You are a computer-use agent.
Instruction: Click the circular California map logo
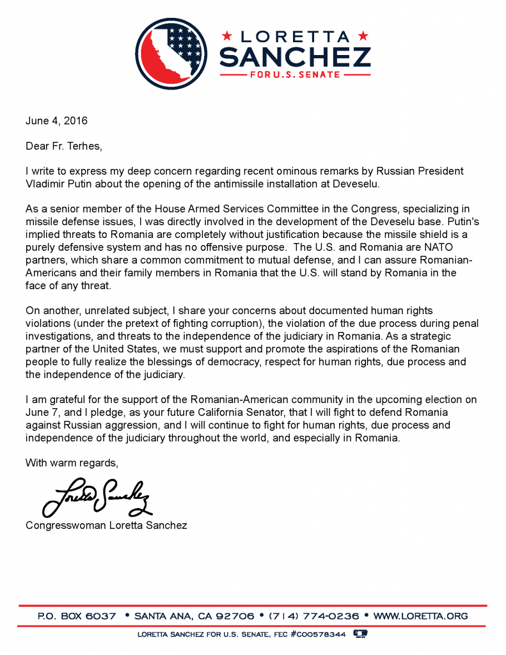click(173, 53)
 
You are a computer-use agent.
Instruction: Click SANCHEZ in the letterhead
click(295, 56)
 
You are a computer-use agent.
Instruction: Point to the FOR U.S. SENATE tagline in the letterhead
click(295, 75)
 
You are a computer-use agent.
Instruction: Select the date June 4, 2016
click(56, 120)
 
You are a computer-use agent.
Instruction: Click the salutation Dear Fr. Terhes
click(63, 146)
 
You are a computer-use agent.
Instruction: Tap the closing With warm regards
click(72, 462)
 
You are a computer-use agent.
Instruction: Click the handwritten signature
click(96, 495)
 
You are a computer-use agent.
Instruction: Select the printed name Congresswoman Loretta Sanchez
click(107, 525)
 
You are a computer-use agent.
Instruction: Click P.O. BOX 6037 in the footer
click(77, 616)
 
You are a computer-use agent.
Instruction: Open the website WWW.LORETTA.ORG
click(420, 616)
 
